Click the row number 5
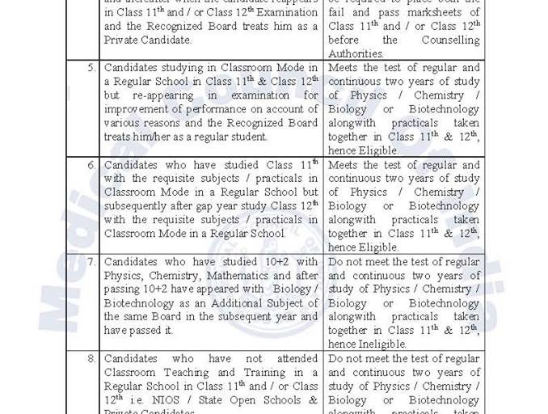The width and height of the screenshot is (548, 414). (91, 68)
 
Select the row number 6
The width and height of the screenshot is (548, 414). (91, 165)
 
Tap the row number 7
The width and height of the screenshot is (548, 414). (91, 262)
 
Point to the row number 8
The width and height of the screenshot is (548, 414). (91, 358)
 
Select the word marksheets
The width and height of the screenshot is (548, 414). (438, 12)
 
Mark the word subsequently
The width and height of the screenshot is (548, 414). (139, 206)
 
